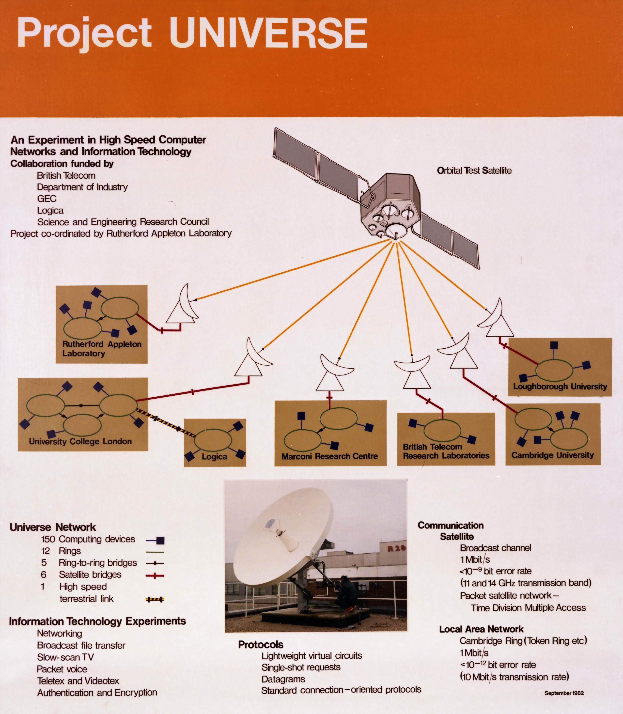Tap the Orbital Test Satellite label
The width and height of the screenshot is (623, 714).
click(x=474, y=170)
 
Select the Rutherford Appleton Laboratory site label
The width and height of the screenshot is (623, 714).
click(x=102, y=349)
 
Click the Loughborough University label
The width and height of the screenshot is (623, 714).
click(x=560, y=386)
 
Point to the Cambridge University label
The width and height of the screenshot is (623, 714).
click(x=552, y=455)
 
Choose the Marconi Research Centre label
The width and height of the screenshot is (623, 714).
click(x=329, y=456)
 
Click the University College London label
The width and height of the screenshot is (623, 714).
click(x=80, y=441)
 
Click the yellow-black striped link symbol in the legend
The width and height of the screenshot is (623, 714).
click(x=155, y=599)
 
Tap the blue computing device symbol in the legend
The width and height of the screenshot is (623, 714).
click(x=160, y=541)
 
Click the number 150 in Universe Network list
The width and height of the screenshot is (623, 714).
click(x=48, y=539)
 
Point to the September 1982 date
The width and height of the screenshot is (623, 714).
click(x=564, y=693)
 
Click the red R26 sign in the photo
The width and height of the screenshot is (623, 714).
click(x=396, y=548)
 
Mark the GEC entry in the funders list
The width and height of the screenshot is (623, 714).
click(x=47, y=199)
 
